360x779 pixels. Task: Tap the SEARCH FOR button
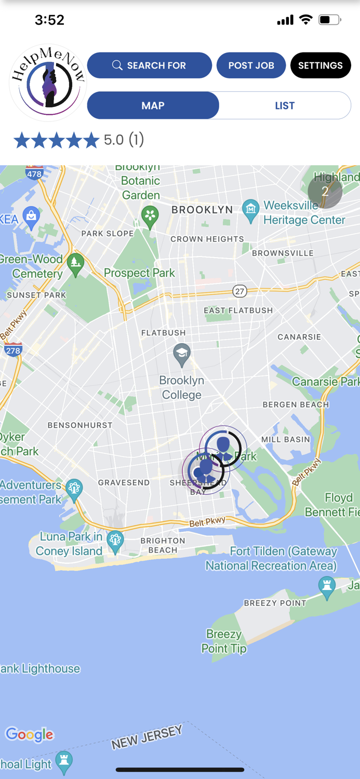[x=150, y=65]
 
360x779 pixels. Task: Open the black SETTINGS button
[x=320, y=65]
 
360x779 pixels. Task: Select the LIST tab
[x=285, y=105]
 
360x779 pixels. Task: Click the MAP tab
[x=153, y=105]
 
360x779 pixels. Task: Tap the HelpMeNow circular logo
[x=48, y=82]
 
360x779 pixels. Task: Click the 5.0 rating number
[x=114, y=140]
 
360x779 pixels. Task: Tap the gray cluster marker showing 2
[x=325, y=191]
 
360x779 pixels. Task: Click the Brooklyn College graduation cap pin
[x=181, y=354]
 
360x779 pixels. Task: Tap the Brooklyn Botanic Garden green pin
[x=150, y=216]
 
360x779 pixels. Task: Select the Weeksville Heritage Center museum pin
[x=251, y=210]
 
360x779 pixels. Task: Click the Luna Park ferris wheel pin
[x=115, y=540]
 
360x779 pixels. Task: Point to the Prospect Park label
[x=139, y=273]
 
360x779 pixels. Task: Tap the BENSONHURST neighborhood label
[x=80, y=425]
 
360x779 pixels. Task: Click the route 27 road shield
[x=239, y=291]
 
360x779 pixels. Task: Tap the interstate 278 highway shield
[x=13, y=351]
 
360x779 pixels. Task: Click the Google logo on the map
[x=30, y=734]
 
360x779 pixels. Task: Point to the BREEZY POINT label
[x=275, y=603]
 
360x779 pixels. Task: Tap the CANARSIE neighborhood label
[x=299, y=337]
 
